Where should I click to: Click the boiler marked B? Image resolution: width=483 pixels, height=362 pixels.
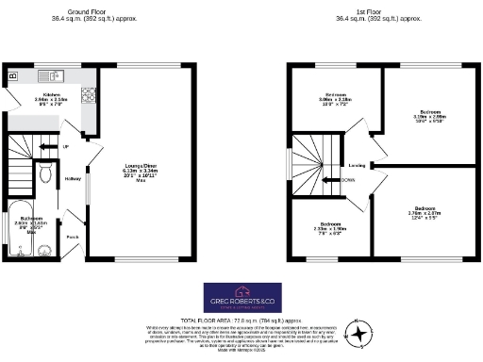point(12,75)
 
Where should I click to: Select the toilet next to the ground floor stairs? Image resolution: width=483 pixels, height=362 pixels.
point(46,173)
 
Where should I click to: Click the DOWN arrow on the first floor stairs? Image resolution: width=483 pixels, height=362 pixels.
point(331,178)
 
